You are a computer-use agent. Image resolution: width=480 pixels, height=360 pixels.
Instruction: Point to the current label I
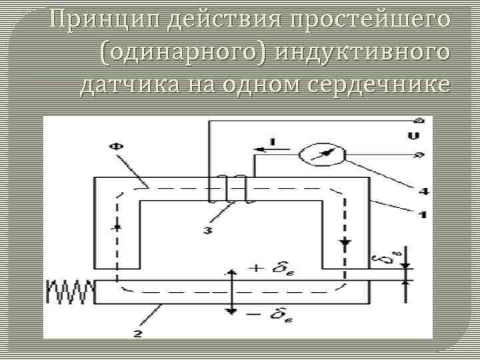click(271, 141)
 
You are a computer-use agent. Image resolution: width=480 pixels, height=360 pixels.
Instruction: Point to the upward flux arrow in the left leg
click(118, 227)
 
